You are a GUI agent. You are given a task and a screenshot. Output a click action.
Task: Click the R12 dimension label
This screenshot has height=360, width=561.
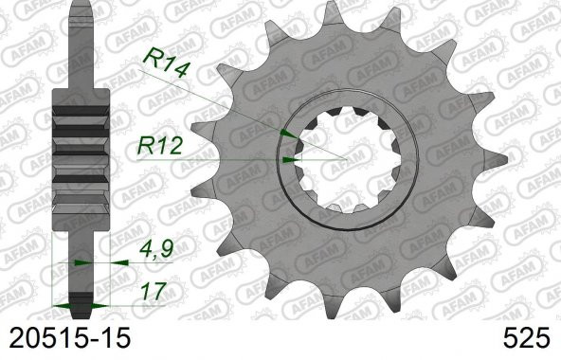tap(160, 145)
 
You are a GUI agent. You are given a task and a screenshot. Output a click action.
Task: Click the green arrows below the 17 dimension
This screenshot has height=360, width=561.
tap(77, 304)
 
